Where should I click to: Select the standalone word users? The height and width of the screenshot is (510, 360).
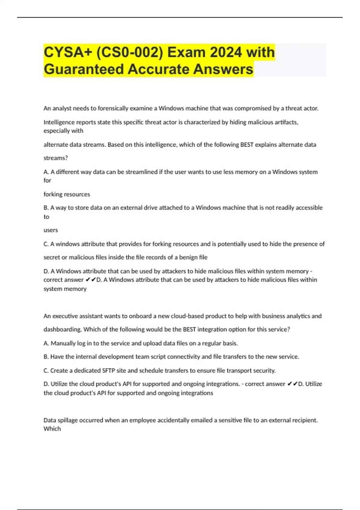[51, 230]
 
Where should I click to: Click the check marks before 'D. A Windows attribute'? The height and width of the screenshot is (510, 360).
[91, 280]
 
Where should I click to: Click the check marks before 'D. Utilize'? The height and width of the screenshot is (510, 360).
[292, 384]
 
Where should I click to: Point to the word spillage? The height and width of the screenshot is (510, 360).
[68, 420]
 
